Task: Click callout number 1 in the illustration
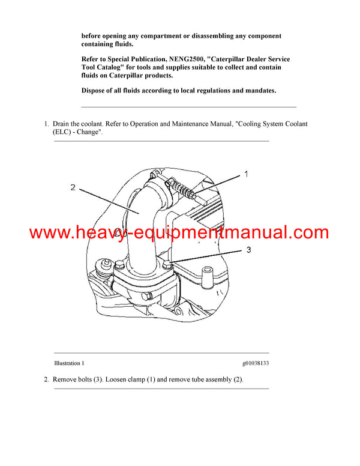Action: pos(245,175)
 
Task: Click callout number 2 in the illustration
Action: pos(73,187)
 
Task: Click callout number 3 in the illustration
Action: pos(246,249)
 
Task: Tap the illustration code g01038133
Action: pos(256,363)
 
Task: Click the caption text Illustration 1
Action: pos(69,363)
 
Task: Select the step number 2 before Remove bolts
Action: pos(46,380)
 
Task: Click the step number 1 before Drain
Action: pos(46,124)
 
